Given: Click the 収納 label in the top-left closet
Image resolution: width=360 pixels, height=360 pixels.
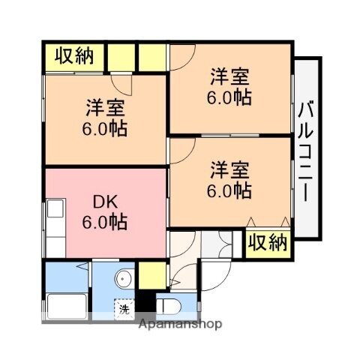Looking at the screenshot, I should (73, 57).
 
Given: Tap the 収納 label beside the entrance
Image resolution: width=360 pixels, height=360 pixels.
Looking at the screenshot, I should (268, 242).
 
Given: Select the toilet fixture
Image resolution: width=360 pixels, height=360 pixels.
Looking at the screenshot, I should (168, 305).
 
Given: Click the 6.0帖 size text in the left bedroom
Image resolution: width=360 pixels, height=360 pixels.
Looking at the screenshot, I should (104, 127).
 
